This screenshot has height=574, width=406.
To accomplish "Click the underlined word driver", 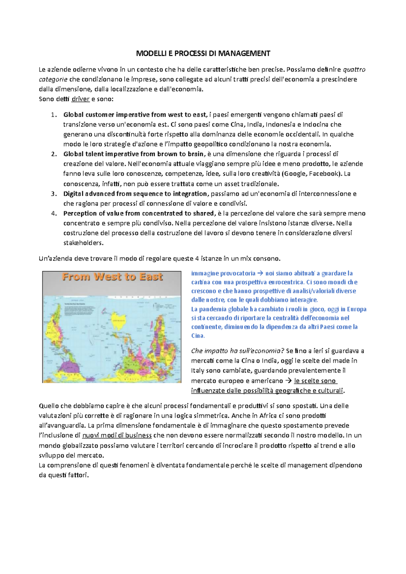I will (81, 99).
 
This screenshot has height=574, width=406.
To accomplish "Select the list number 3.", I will (53, 194).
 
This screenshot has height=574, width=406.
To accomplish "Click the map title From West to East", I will (112, 277).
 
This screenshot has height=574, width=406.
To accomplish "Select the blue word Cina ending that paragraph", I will (198, 336).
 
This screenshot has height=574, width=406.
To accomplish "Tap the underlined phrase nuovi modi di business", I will (117, 435).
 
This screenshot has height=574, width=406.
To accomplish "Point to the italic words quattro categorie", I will (354, 70).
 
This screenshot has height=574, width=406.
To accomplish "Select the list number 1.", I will (53, 115).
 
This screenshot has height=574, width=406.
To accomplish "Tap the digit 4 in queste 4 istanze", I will (197, 259).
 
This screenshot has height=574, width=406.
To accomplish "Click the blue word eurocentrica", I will (286, 282).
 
